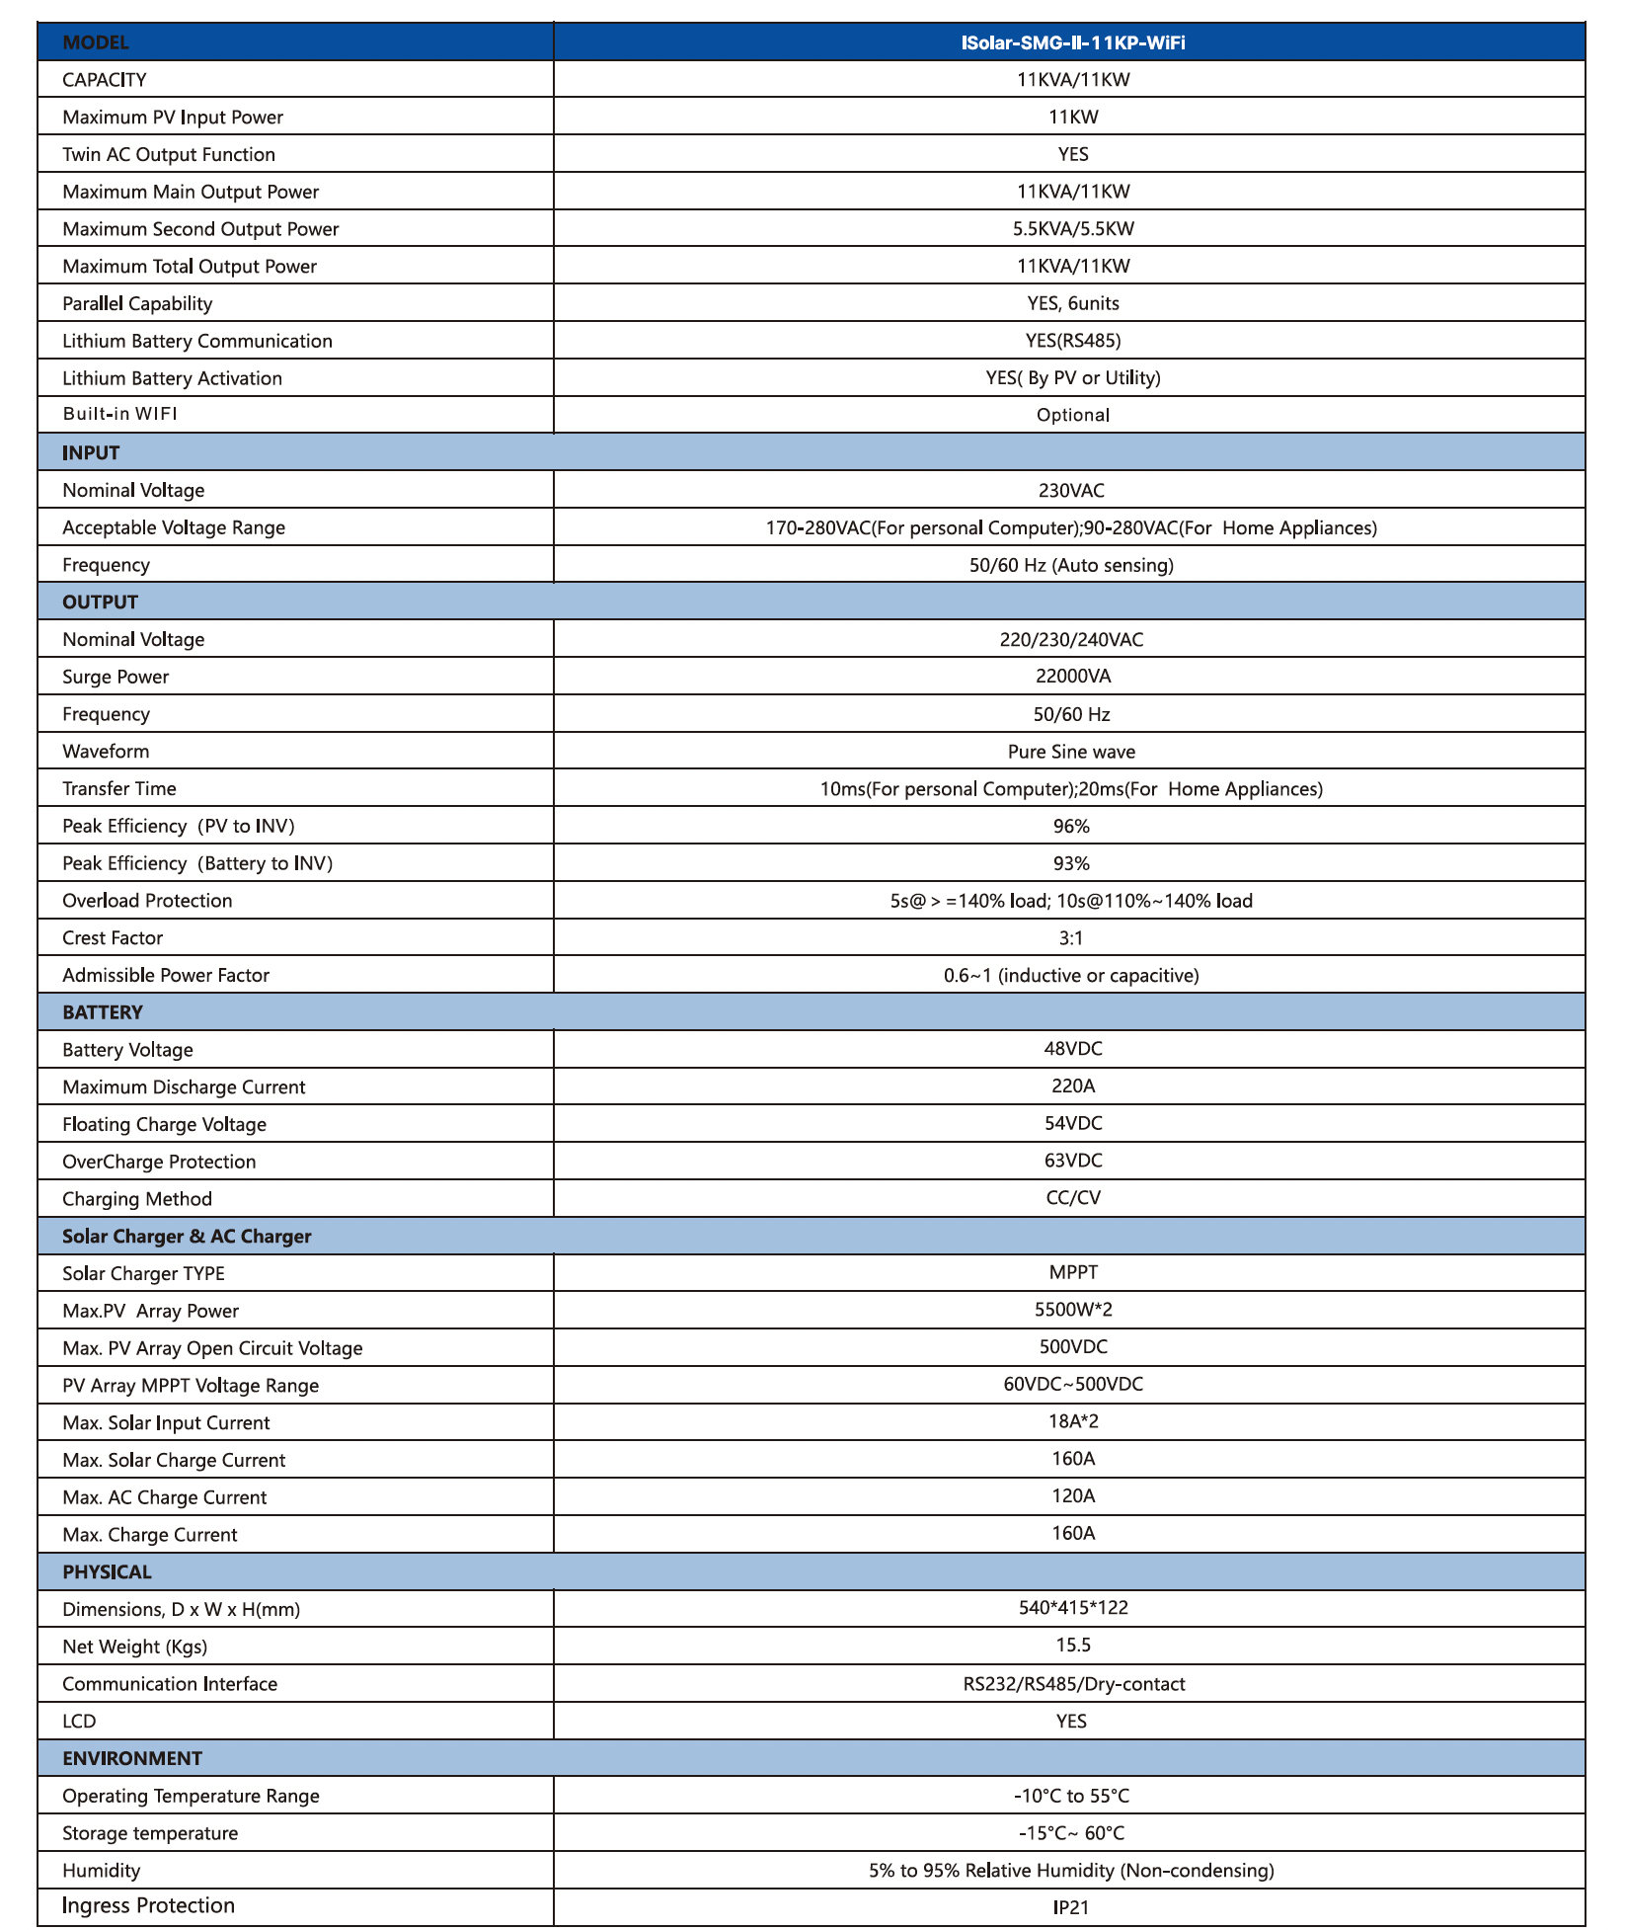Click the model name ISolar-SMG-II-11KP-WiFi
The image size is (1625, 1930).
[1072, 42]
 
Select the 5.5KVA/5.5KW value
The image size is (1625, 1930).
[1072, 229]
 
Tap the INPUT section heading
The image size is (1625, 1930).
[91, 452]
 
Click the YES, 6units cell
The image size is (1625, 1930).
[1072, 303]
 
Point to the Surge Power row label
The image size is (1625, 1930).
[116, 677]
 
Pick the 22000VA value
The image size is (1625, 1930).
[1072, 677]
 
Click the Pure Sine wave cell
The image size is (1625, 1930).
[1071, 752]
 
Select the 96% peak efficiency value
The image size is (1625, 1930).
[1071, 826]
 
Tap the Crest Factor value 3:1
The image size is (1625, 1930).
[1071, 937]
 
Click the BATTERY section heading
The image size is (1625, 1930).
[103, 1012]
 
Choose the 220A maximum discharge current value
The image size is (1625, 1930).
[1072, 1086]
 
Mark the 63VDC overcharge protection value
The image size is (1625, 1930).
[1072, 1161]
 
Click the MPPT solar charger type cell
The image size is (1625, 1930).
[1072, 1272]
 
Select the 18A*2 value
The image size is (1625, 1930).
[1072, 1421]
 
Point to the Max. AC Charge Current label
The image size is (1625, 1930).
[164, 1497]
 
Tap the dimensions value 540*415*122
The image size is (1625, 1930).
[1072, 1608]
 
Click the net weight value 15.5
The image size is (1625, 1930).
[1072, 1646]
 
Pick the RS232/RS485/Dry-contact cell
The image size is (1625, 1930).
[1073, 1684]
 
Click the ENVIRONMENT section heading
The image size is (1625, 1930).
[132, 1758]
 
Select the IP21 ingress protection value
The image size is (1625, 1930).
[1071, 1907]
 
